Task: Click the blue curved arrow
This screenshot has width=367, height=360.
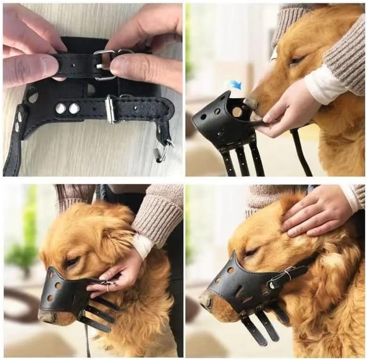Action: pyautogui.click(x=235, y=84)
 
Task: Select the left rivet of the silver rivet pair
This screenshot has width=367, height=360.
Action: pyautogui.click(x=60, y=108)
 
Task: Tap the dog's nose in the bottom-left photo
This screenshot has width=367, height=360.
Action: pyautogui.click(x=46, y=317)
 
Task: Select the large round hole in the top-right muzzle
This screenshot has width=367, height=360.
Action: pyautogui.click(x=237, y=112)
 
